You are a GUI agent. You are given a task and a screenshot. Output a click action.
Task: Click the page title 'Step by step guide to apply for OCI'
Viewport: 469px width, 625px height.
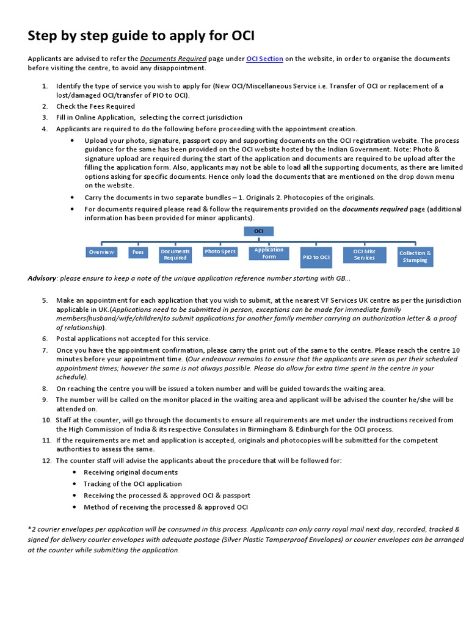point(141,35)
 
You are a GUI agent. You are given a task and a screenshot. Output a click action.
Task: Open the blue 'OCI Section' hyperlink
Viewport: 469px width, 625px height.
point(264,59)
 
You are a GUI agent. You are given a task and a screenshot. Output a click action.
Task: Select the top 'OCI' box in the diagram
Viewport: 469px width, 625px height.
point(259,231)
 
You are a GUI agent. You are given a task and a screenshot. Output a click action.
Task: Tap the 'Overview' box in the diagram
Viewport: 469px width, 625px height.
point(101,252)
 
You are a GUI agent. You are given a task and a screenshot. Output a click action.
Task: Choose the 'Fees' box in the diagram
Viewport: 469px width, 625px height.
point(138,252)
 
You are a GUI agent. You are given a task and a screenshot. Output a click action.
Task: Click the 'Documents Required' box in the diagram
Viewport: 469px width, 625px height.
point(175,255)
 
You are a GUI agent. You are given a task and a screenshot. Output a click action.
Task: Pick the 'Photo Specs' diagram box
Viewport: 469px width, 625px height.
point(220,251)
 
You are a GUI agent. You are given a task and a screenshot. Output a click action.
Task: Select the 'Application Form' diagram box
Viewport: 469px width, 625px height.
point(269,253)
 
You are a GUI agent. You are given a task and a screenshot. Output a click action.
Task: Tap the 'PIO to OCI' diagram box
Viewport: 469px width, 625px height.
point(316,257)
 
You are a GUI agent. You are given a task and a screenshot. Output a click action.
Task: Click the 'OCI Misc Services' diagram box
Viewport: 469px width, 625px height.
point(365,255)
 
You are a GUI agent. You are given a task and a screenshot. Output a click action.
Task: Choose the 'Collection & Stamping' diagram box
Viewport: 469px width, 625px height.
point(415,256)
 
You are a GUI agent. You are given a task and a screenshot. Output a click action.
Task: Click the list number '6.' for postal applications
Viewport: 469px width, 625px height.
point(45,339)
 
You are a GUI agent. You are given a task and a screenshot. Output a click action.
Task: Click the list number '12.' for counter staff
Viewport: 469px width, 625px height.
point(46,460)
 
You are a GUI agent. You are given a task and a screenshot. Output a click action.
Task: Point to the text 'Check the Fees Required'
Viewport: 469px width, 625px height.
point(95,106)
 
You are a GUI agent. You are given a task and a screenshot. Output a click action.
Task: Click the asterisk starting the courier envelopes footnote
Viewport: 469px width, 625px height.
point(29,529)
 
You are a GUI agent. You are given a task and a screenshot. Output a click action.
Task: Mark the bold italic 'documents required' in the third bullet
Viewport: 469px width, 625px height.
point(374,209)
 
